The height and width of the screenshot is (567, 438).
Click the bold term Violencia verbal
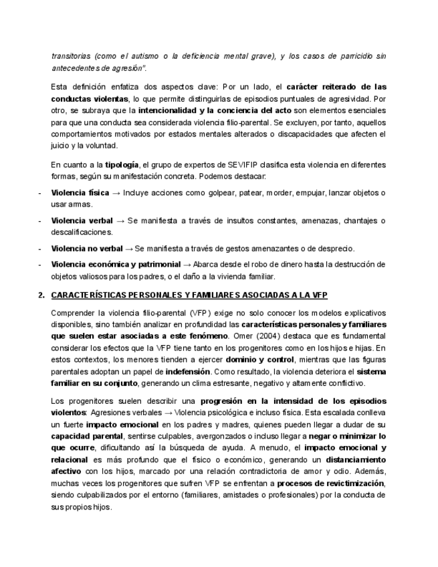(x=78, y=221)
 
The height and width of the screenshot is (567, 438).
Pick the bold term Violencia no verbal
(x=87, y=249)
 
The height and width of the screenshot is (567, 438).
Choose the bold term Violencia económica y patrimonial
(x=116, y=264)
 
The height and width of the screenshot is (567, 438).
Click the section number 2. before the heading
(x=41, y=295)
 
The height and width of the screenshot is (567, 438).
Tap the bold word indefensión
(x=188, y=371)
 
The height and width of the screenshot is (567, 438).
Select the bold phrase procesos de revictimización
(x=331, y=483)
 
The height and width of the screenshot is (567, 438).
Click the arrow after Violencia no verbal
(x=129, y=249)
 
